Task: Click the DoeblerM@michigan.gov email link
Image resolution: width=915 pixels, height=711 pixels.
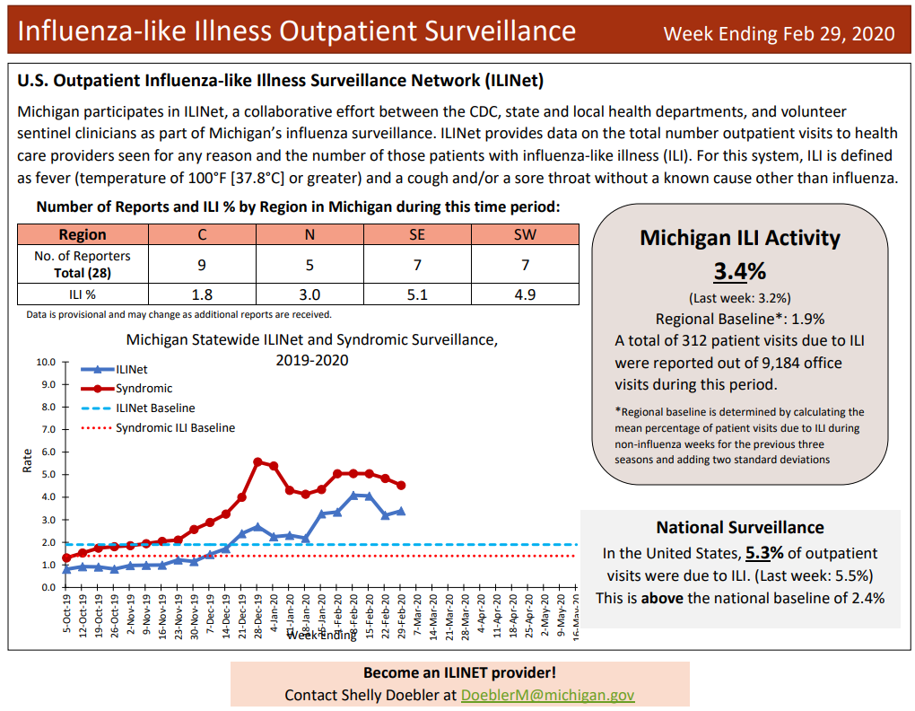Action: [x=547, y=695]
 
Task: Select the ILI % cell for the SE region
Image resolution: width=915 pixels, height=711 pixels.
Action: [x=417, y=294]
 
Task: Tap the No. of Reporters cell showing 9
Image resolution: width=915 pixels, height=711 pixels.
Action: [x=202, y=265]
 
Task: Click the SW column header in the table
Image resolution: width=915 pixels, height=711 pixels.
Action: [x=525, y=234]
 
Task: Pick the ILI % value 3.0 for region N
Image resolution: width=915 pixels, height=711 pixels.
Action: [x=309, y=294]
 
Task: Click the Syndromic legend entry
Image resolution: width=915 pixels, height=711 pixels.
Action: [x=144, y=388]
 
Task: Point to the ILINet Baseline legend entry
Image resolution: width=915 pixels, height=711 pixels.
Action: [x=154, y=408]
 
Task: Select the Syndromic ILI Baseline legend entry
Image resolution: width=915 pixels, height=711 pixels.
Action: [x=175, y=427]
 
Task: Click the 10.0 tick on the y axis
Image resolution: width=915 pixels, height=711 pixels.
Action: [x=45, y=363]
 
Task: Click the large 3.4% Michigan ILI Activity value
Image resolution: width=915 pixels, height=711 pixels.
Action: [x=739, y=270]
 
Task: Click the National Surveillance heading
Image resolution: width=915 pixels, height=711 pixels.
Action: [x=739, y=527]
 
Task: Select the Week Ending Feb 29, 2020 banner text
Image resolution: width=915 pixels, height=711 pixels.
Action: [x=779, y=34]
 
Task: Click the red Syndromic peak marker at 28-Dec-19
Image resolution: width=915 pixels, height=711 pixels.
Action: [x=258, y=461]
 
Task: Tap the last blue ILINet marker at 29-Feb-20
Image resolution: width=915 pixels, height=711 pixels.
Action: [x=401, y=511]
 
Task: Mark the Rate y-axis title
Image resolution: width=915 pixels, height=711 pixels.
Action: [x=26, y=461]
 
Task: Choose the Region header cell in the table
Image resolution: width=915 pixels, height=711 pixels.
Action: [x=83, y=234]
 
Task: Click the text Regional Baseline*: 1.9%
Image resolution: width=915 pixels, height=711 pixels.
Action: [x=739, y=319]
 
